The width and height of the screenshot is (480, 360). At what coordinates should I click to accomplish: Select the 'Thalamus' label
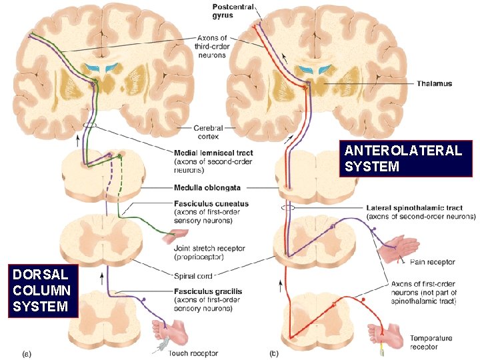tap(434, 83)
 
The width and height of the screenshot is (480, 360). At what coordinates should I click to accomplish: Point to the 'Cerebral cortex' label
tap(212, 133)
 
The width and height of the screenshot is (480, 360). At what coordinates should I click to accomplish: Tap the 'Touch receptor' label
tap(194, 353)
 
